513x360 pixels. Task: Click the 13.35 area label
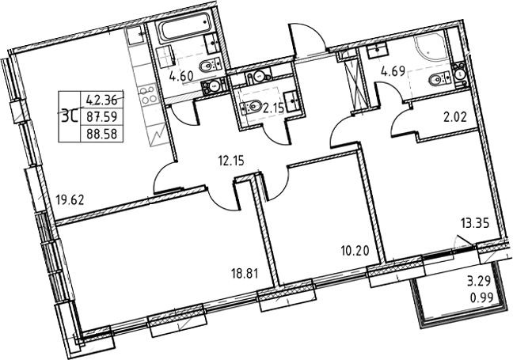pos(474,224)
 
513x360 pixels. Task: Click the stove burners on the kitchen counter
pos(146,97)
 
